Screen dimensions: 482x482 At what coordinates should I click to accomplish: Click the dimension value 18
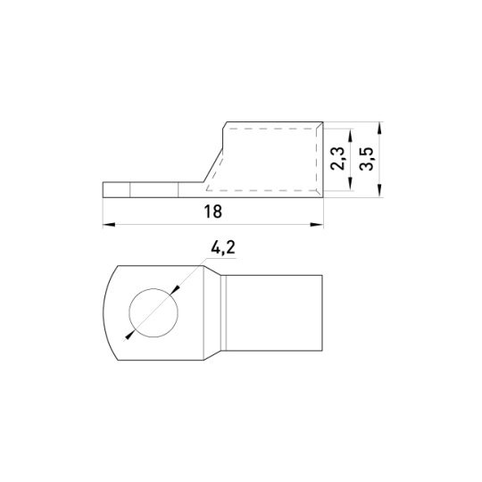(x=212, y=212)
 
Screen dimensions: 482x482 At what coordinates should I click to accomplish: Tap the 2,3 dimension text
(x=337, y=159)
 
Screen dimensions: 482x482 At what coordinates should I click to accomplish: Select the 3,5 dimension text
(x=366, y=159)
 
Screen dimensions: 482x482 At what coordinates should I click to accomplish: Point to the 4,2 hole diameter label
(x=223, y=248)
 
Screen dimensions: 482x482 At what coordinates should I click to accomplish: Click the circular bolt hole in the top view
(x=154, y=313)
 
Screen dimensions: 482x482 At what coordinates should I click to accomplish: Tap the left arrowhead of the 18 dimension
(x=109, y=225)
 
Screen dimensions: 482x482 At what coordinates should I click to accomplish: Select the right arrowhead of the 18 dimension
(x=317, y=225)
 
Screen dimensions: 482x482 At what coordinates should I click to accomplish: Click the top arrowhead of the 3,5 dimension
(x=380, y=129)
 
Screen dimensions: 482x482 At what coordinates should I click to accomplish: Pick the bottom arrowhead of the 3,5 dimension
(x=380, y=191)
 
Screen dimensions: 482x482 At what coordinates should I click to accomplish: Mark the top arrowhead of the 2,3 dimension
(x=350, y=136)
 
